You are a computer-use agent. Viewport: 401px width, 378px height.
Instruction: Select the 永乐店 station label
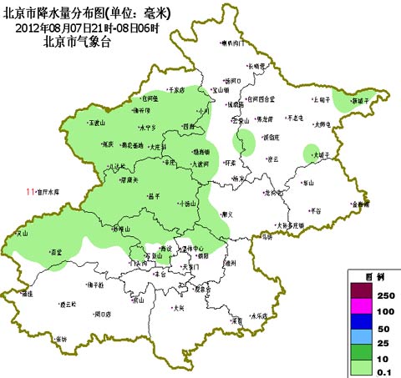[x=259, y=316]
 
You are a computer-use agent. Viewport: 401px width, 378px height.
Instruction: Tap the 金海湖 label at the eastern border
[x=360, y=203]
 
